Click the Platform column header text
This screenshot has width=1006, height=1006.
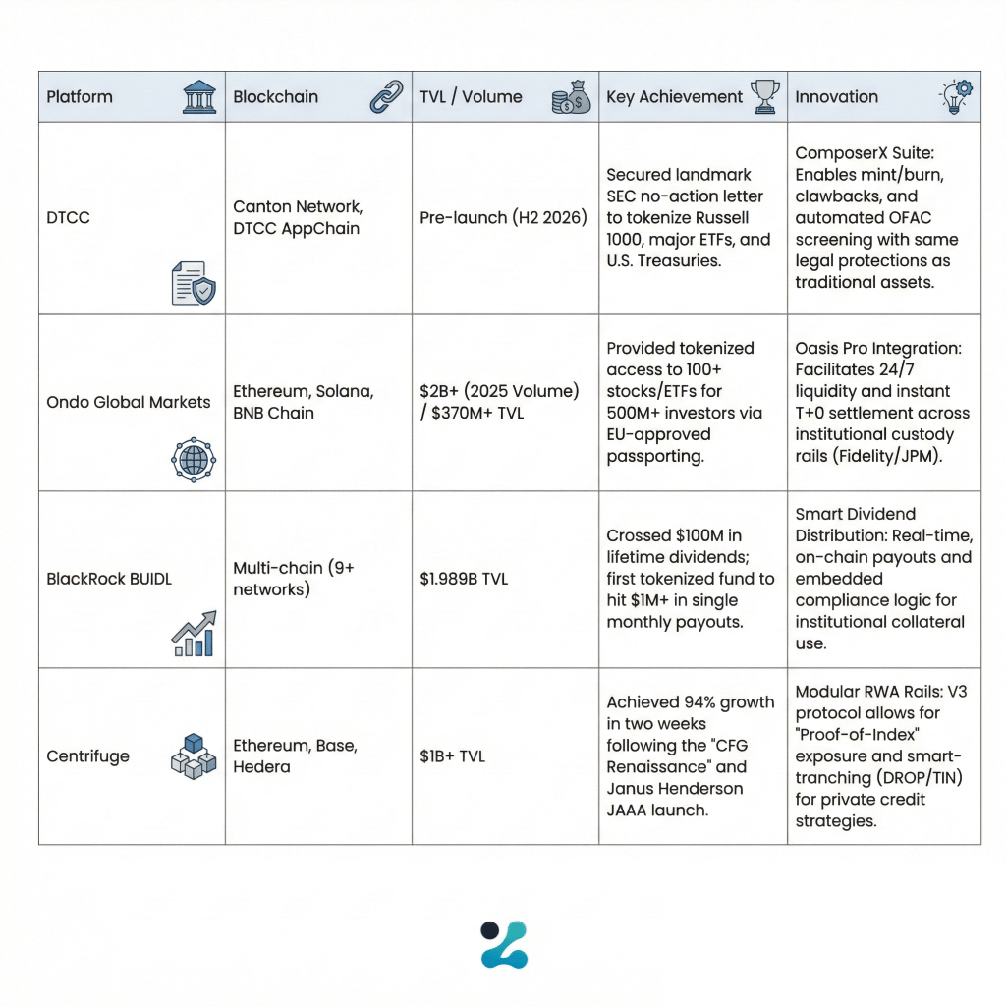80,97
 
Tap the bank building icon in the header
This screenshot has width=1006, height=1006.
199,97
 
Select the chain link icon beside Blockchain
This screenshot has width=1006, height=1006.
385,97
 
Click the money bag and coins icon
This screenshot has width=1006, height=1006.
571,98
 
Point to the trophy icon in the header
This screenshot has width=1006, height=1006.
764,96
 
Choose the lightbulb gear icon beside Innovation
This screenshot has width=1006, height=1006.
956,96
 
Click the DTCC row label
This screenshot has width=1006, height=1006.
68,217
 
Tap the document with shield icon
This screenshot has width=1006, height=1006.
193,283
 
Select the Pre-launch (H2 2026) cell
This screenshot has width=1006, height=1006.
503,217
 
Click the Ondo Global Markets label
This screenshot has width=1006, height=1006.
129,402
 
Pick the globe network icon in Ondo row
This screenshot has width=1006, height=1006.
193,459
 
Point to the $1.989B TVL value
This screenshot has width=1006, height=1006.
464,579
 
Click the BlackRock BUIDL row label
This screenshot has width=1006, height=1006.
109,579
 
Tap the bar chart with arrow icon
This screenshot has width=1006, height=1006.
194,634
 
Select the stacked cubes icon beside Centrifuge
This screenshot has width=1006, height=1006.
193,755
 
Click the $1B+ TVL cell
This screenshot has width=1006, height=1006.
452,756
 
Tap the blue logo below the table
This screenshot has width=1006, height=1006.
503,944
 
